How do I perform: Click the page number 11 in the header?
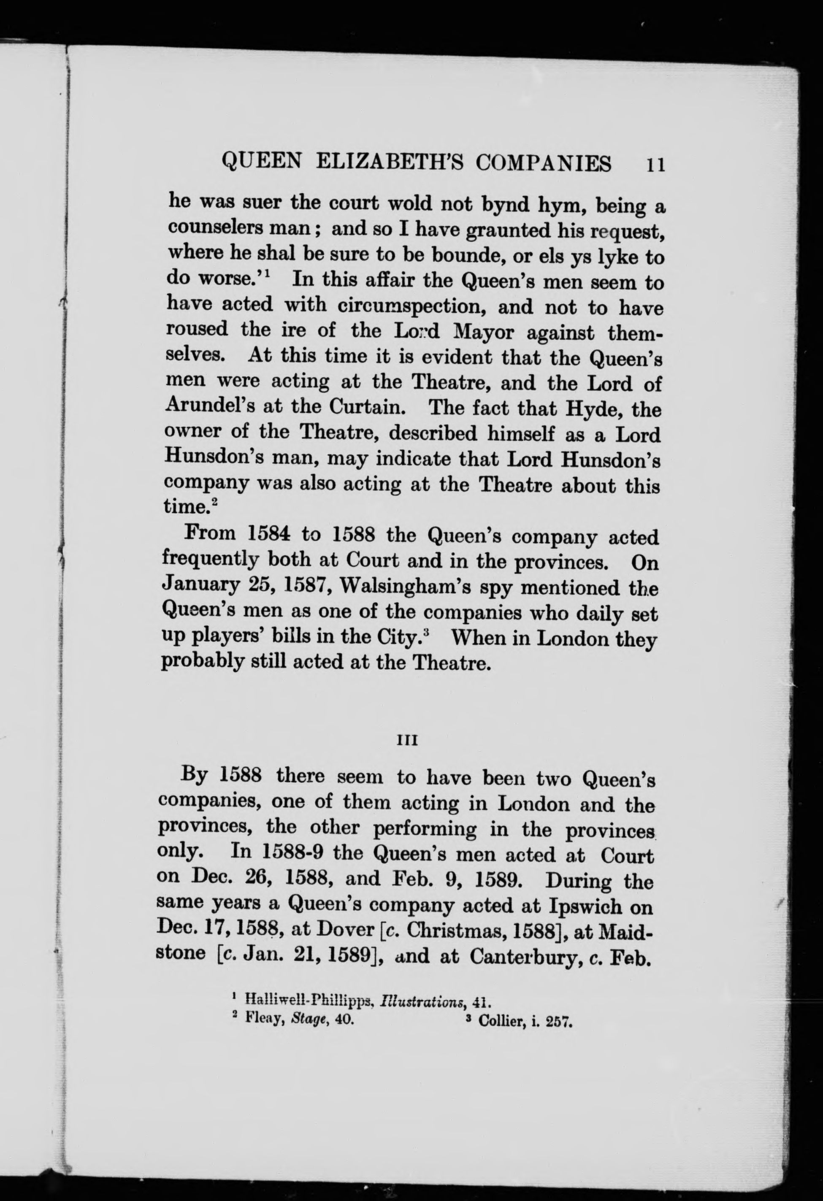pos(654,164)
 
